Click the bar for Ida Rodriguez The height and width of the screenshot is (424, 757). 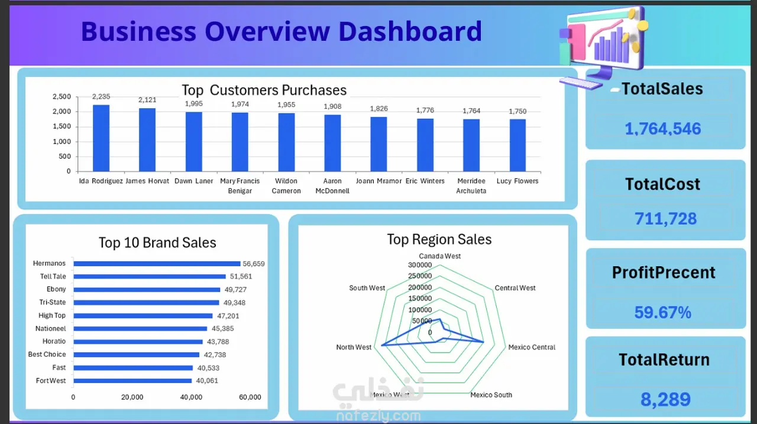coord(101,138)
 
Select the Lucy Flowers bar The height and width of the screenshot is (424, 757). coord(517,145)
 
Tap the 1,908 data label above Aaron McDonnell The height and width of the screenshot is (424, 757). coord(332,106)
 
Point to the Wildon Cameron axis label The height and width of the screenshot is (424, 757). coord(286,186)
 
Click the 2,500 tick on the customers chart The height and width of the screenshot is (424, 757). coord(62,96)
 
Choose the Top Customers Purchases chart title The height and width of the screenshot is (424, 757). coord(264,90)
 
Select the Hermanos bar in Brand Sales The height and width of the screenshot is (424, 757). coord(157,264)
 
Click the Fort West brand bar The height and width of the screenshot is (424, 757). coord(132,381)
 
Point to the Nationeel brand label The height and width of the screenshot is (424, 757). coord(51,328)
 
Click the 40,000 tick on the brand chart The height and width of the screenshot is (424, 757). coord(190,397)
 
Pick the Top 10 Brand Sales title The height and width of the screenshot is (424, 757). coord(157,242)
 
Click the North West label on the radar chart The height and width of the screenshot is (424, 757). coord(354,347)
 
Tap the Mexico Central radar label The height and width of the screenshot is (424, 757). coord(532,347)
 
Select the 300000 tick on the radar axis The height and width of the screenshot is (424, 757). coord(419,265)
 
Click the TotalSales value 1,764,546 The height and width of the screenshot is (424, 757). coord(663,128)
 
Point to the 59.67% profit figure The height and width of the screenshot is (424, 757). coord(663,312)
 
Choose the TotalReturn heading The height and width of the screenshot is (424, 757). coord(664,360)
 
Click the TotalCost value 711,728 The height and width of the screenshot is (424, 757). coord(665,218)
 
